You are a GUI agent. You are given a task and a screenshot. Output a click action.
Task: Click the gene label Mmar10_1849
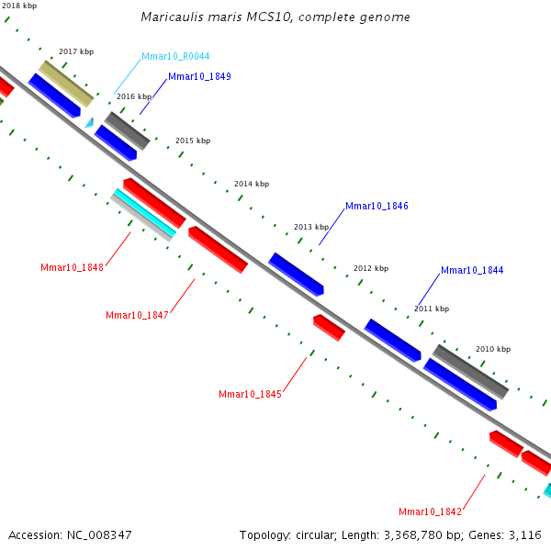click(x=199, y=76)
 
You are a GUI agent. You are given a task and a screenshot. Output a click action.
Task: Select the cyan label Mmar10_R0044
click(x=175, y=57)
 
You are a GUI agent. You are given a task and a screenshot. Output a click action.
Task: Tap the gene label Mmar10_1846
click(x=377, y=207)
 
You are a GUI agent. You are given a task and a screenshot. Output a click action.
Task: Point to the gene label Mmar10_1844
click(x=472, y=271)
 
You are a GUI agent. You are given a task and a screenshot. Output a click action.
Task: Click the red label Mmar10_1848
click(x=72, y=268)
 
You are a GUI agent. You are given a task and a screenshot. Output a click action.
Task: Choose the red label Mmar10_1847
click(x=137, y=316)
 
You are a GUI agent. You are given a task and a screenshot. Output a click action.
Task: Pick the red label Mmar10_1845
click(x=250, y=395)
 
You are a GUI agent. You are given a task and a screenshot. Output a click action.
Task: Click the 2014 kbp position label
click(x=252, y=185)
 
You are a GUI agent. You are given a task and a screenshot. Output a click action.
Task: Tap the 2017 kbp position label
click(x=75, y=52)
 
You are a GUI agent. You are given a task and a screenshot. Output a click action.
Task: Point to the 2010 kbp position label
click(x=492, y=350)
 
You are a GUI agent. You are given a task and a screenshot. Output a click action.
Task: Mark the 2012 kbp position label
click(x=371, y=269)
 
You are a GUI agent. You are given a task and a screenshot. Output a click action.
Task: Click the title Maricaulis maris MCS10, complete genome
click(x=275, y=17)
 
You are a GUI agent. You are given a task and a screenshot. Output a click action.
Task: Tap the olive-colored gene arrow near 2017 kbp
click(x=66, y=84)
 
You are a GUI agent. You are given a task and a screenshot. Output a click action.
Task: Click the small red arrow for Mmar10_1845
click(x=329, y=327)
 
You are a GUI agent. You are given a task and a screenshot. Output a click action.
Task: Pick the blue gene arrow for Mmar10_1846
click(x=296, y=274)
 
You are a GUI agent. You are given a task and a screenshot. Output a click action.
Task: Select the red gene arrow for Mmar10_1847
click(x=218, y=250)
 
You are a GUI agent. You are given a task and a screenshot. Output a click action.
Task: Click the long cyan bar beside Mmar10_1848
click(x=143, y=214)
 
